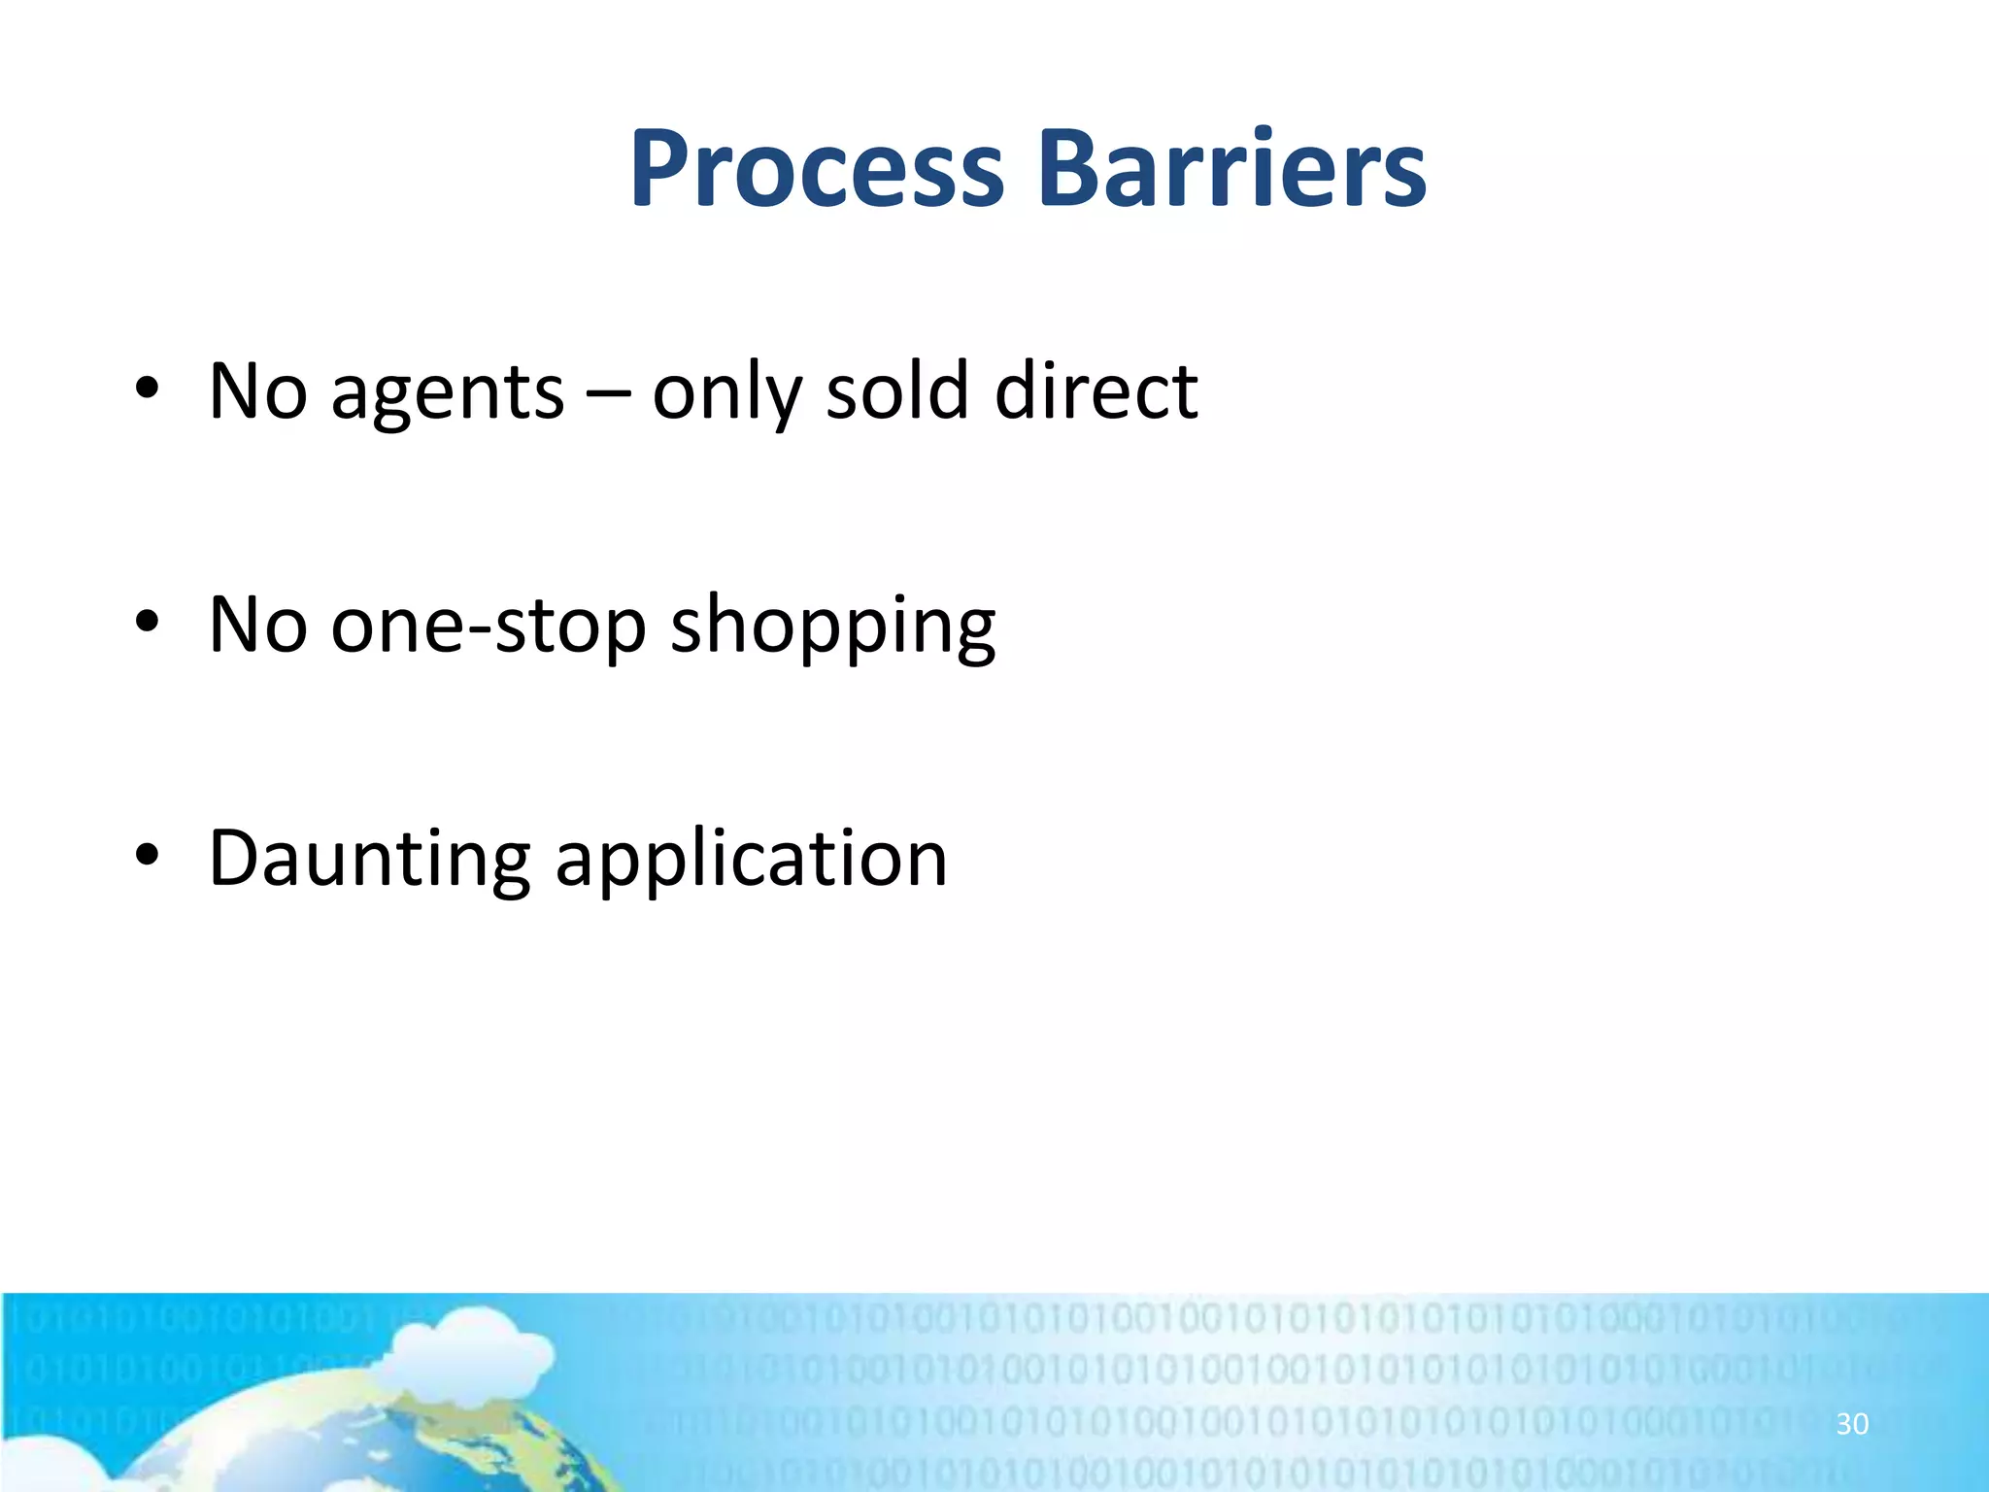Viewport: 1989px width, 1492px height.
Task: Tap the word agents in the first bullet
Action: (x=447, y=393)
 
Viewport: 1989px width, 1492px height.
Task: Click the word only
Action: (x=725, y=393)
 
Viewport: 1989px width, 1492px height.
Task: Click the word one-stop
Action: (x=488, y=627)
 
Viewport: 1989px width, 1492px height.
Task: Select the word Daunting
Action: (x=369, y=861)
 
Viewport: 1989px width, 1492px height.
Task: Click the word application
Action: (x=750, y=861)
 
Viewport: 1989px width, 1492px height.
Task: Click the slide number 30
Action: (x=1851, y=1424)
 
